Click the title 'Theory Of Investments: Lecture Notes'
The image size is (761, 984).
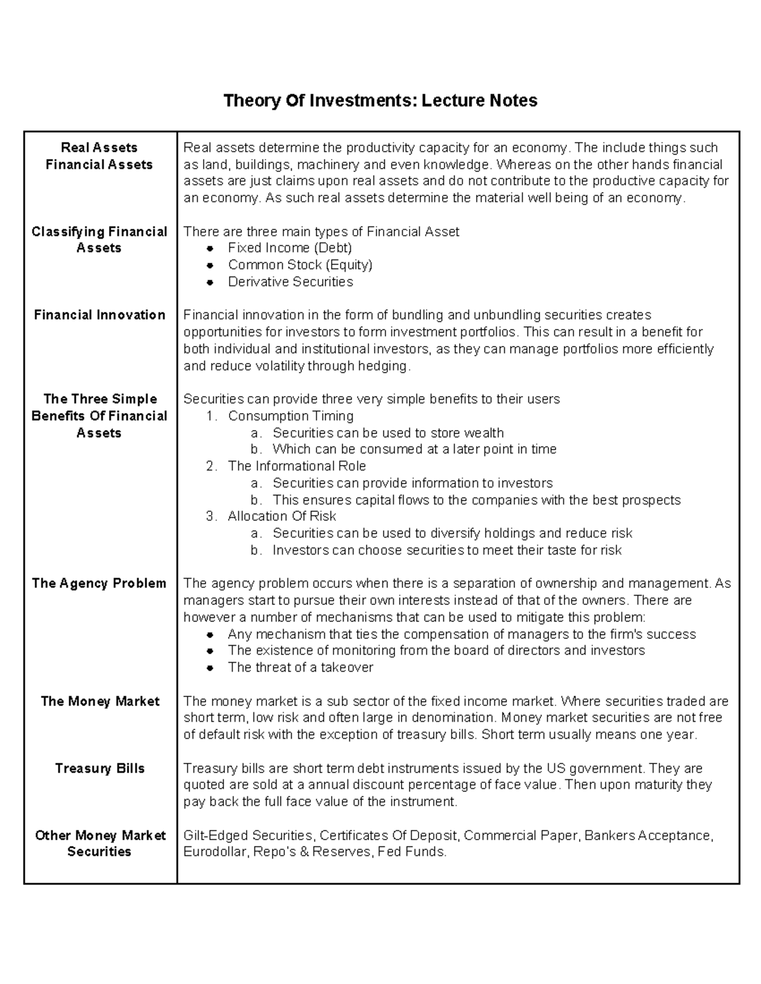(x=380, y=101)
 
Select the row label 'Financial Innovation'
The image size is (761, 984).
(x=100, y=315)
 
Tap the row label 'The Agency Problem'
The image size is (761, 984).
(x=100, y=584)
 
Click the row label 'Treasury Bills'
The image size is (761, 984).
(x=100, y=769)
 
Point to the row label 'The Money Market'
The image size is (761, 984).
(x=100, y=701)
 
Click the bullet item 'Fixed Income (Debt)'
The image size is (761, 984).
(x=290, y=248)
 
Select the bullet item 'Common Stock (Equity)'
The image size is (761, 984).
(x=300, y=265)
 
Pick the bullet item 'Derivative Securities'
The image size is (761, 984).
(x=290, y=282)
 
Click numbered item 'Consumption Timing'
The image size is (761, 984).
(x=290, y=416)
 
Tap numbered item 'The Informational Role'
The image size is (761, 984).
(x=297, y=466)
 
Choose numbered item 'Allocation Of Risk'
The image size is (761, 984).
(x=282, y=516)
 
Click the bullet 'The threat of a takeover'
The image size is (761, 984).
(x=301, y=667)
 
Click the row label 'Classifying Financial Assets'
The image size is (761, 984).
(x=100, y=240)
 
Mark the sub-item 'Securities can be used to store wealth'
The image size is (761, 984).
(x=388, y=433)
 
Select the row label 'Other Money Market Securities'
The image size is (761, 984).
(x=100, y=844)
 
